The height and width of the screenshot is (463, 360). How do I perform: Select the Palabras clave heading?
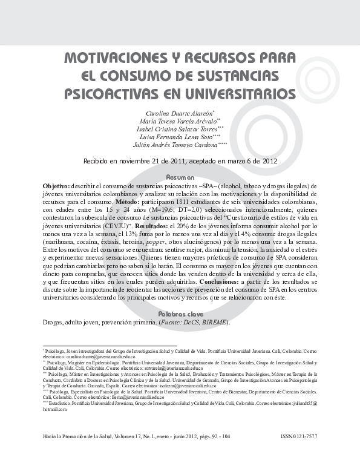180,314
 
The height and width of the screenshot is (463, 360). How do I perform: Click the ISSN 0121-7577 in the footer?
299,436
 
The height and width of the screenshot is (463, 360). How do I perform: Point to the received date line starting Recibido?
180,161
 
